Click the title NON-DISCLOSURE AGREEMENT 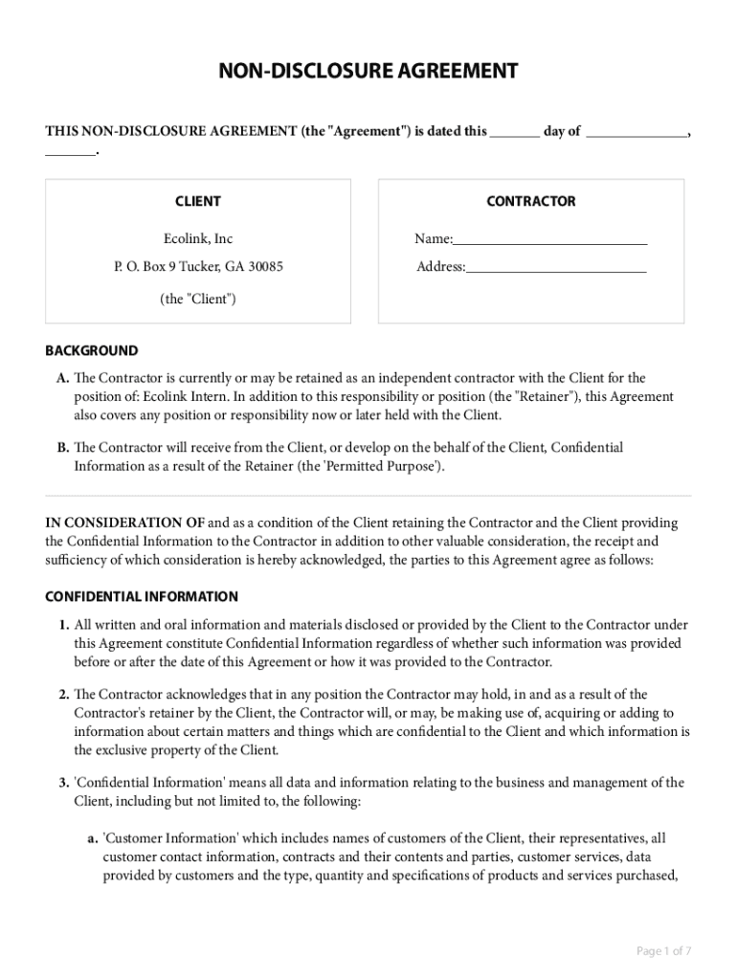pos(368,71)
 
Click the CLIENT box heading pos(198,201)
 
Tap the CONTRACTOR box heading pos(531,201)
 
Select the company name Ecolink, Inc pos(198,238)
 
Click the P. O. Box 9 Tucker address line pos(198,267)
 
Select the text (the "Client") pos(198,299)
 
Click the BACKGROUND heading pos(92,350)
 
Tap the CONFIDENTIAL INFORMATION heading pos(142,596)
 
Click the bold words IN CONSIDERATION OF pos(125,523)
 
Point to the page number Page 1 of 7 pos(663,950)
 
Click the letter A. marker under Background pos(63,378)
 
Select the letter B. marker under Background pos(63,447)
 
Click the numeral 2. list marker pos(63,694)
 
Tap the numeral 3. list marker pos(63,782)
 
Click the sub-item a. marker pos(93,838)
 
